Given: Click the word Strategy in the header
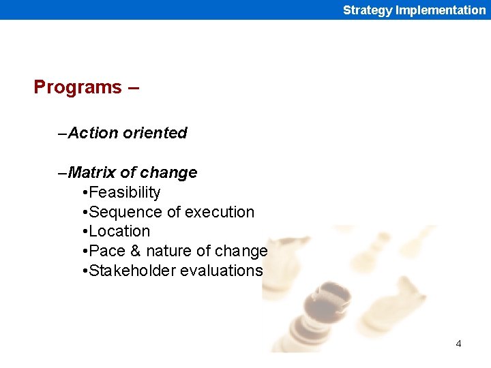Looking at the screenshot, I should coord(368,10).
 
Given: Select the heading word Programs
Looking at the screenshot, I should coord(77,87).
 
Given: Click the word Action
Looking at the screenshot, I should coord(93,133).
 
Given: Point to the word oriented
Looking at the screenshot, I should coord(155,133).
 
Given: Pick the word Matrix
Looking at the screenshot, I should coord(92,172).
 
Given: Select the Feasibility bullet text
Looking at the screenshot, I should coord(125,192).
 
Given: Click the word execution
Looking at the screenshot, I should coord(220,212).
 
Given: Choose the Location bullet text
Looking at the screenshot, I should coord(119,231).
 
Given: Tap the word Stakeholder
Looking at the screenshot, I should coord(132,271).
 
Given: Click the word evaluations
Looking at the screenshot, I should coord(221,271).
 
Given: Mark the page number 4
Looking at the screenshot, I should coord(458,343).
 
